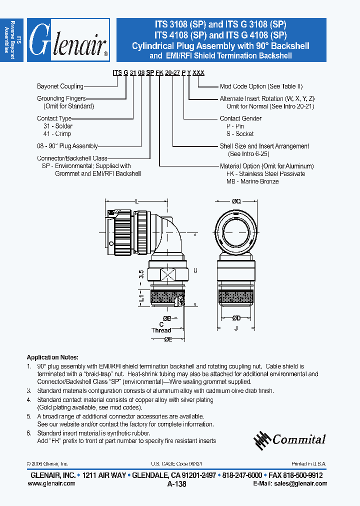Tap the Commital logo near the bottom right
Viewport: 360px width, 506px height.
pos(290,439)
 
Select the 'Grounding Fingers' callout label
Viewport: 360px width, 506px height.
pos(61,98)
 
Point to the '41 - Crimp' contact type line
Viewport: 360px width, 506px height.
pos(57,134)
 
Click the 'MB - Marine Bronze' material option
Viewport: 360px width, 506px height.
pos(252,181)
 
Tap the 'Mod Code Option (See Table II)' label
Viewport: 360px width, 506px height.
pos(261,86)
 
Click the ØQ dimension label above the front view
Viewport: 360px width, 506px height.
pos(236,200)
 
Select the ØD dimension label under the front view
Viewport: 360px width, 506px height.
pos(236,318)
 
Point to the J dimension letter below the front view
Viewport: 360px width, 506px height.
pos(236,328)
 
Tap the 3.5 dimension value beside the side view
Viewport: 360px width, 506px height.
pos(141,273)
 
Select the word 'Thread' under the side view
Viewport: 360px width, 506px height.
pos(161,330)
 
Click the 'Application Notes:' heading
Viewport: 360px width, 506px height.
pos(52,357)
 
